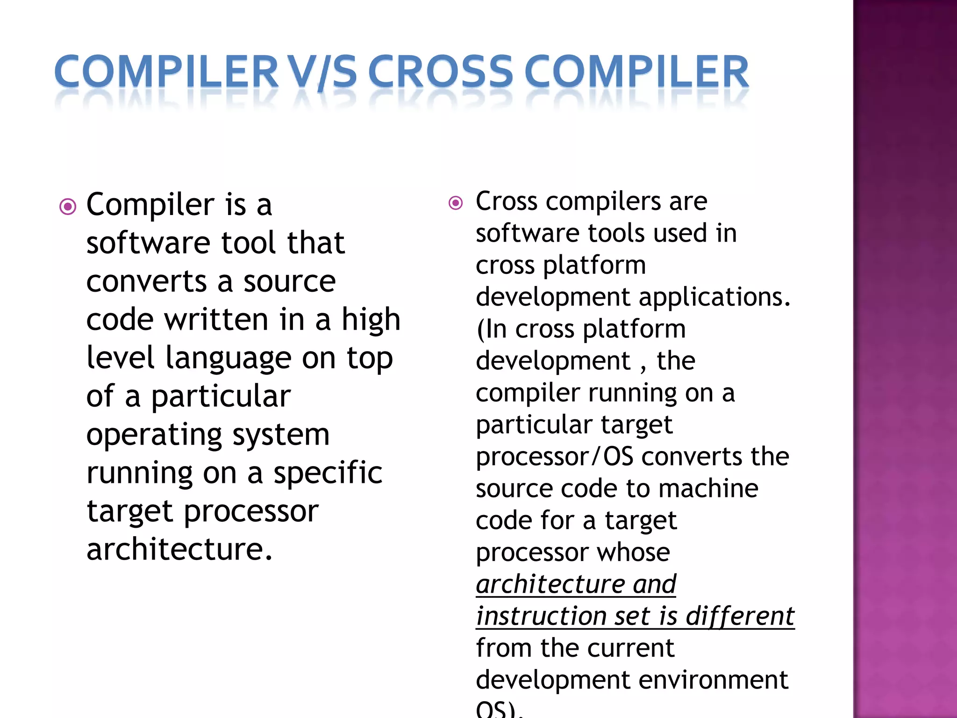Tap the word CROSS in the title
441,72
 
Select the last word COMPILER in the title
636,72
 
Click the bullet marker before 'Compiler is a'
68,206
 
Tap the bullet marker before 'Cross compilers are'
456,203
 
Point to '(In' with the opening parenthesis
492,329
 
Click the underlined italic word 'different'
740,616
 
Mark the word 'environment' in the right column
714,680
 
